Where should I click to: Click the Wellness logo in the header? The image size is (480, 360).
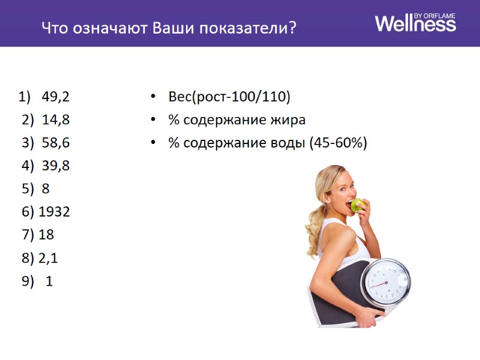[x=415, y=23]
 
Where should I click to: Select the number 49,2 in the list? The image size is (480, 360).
[x=56, y=97]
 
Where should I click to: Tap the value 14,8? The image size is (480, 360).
[x=56, y=119]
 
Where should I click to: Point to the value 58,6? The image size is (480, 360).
[x=56, y=143]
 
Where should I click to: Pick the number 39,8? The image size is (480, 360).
[x=56, y=166]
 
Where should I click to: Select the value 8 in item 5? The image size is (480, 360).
[x=46, y=188]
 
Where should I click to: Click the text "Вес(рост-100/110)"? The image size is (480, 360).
[x=229, y=97]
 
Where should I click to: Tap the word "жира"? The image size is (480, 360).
[x=287, y=120]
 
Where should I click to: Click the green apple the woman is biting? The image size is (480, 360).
[x=358, y=205]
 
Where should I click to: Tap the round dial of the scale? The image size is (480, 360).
[x=387, y=281]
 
